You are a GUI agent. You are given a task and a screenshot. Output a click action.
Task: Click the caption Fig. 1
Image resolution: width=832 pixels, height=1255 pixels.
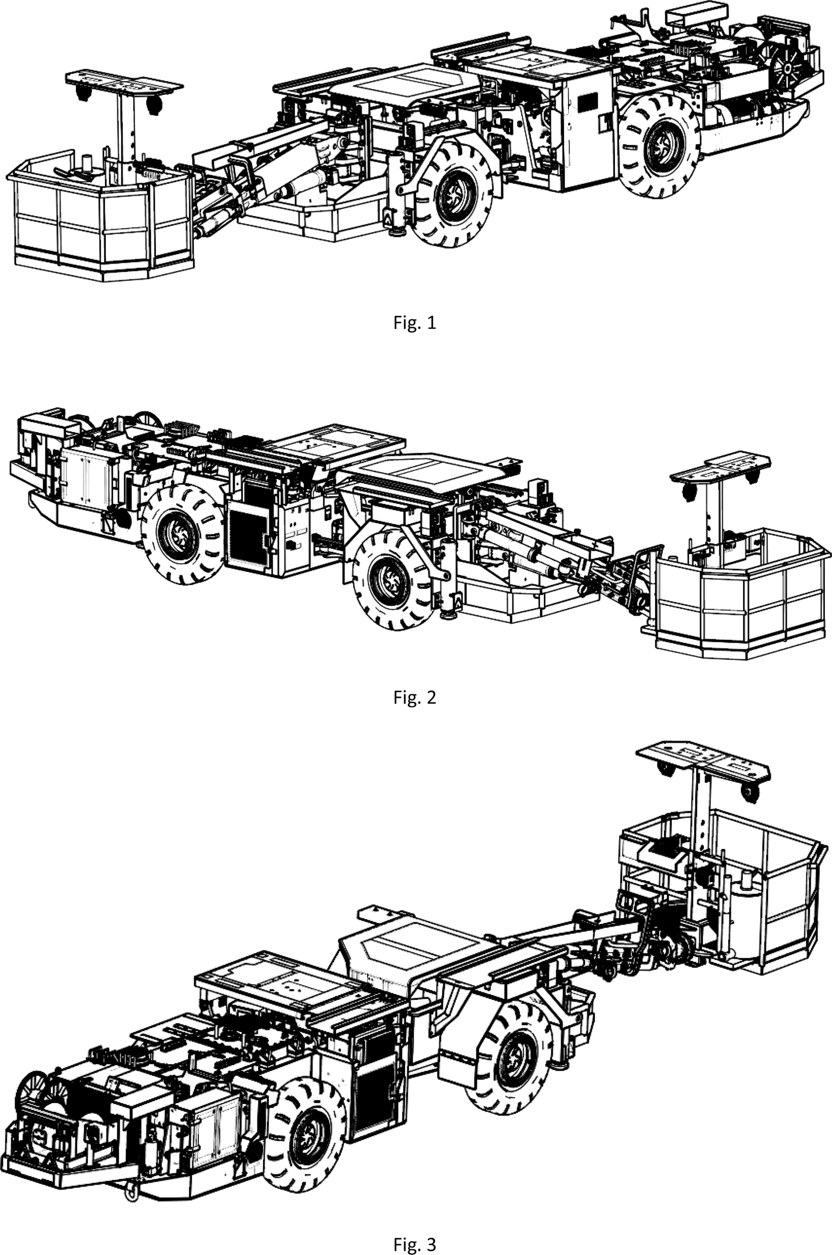[x=414, y=323]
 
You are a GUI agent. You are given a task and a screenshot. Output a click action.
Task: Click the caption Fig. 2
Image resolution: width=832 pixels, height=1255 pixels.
[x=414, y=697]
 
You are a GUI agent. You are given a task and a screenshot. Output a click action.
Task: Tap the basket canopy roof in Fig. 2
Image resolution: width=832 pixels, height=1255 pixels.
[x=721, y=467]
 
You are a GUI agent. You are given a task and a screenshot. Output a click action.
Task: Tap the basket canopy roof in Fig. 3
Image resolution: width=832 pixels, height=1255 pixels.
[x=704, y=760]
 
